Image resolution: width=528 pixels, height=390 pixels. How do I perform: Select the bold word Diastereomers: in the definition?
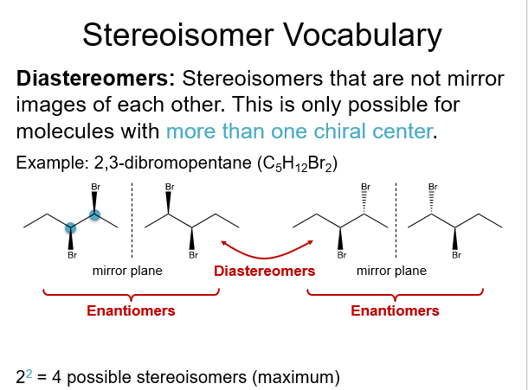coord(96,79)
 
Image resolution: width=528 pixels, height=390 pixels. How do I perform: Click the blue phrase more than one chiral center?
coord(298,132)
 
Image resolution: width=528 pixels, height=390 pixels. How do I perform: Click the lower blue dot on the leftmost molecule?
coord(71,227)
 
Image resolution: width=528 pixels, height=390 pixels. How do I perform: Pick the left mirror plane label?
coord(127,271)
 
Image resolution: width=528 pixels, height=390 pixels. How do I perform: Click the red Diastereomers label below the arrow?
coord(264,271)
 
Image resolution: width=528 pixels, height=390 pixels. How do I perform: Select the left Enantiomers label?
coord(131,310)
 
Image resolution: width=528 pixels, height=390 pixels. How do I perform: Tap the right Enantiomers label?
coord(395,310)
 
